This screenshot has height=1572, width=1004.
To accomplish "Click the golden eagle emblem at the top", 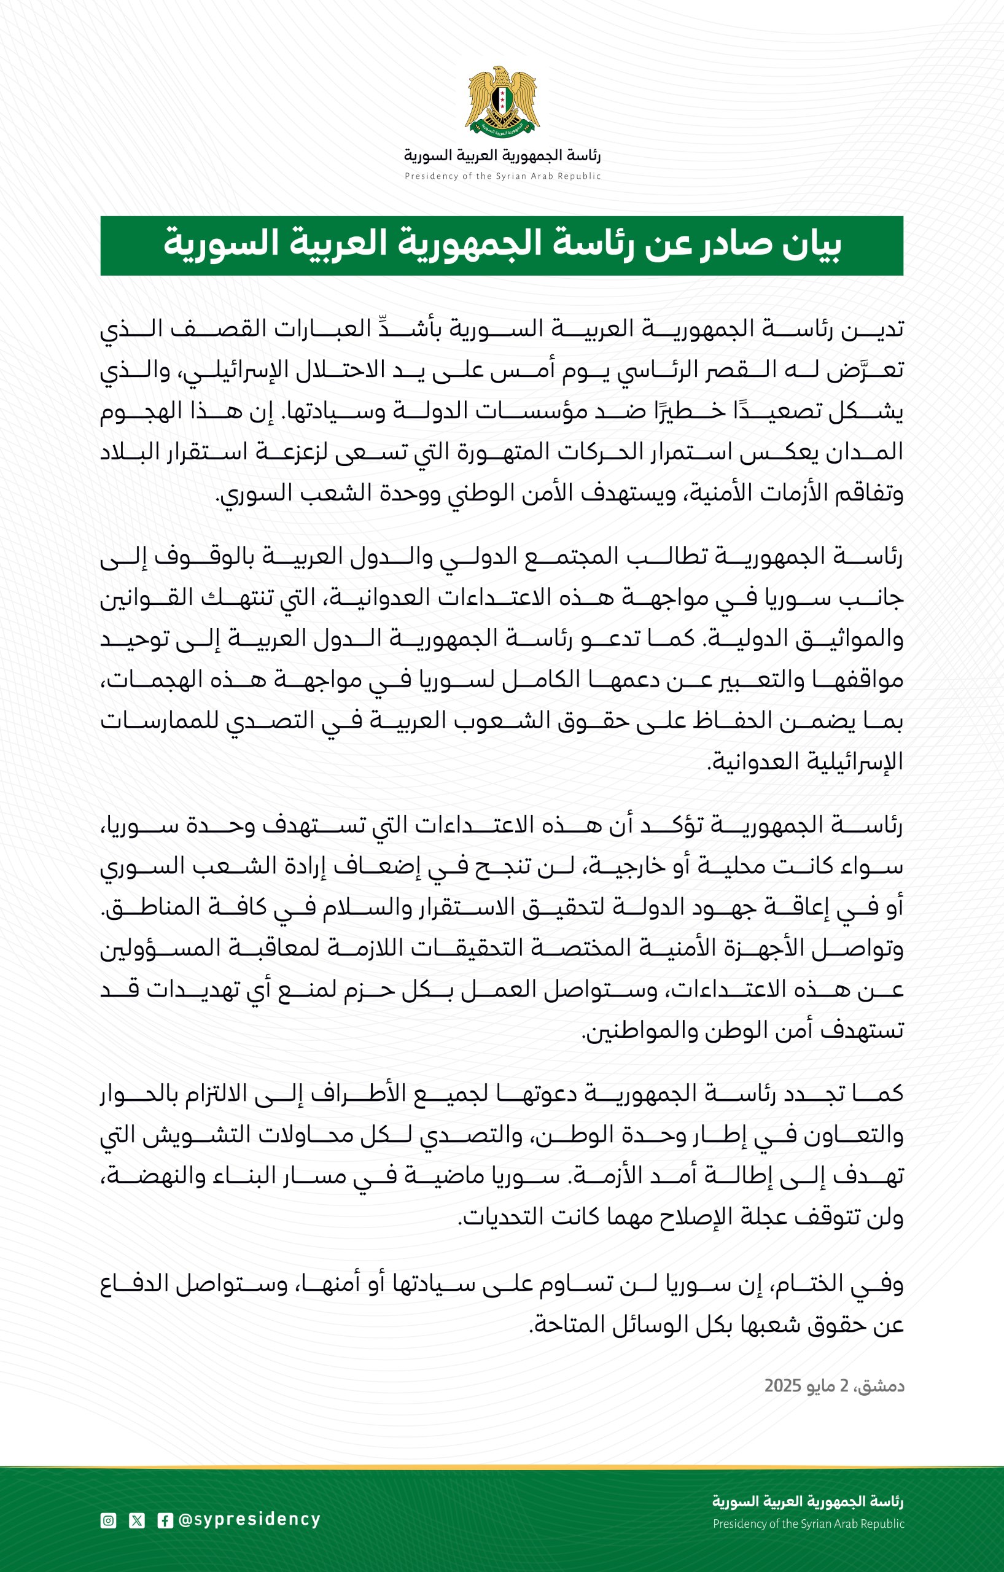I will click(x=502, y=102).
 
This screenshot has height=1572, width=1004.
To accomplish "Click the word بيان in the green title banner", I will click(x=808, y=244).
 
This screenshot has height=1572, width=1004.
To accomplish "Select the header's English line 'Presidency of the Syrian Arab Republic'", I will click(x=502, y=176).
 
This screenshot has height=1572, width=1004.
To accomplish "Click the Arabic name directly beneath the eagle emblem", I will click(x=502, y=155).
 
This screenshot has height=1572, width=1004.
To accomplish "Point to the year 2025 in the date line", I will click(x=783, y=1385).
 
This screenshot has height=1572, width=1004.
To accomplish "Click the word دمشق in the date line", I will click(x=881, y=1385).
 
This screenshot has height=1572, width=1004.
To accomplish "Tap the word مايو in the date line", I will click(x=824, y=1385).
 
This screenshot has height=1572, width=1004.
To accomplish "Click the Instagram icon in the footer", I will click(x=108, y=1520).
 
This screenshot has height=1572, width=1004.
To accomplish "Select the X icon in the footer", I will click(x=136, y=1520).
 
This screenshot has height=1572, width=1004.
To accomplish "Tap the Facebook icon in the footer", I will click(x=165, y=1520).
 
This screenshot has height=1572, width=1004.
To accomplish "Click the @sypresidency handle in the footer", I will click(x=249, y=1520).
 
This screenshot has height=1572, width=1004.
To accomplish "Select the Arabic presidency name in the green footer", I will click(x=807, y=1501).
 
